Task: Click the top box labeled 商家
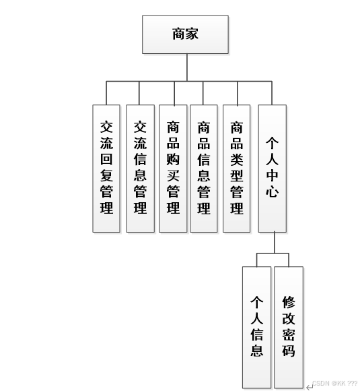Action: (185, 34)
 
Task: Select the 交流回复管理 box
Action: (106, 168)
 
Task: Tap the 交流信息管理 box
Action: (140, 168)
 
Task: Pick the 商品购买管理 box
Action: (173, 168)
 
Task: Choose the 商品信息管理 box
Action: (204, 168)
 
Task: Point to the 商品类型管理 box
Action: (237, 168)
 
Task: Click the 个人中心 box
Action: (272, 168)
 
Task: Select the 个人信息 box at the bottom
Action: (256, 326)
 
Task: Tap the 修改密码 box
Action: (288, 326)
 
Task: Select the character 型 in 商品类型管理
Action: (237, 177)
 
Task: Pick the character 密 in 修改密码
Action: (288, 334)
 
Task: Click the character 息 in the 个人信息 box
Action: (256, 351)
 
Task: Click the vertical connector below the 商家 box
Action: (187, 67)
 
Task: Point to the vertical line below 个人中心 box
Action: (274, 243)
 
